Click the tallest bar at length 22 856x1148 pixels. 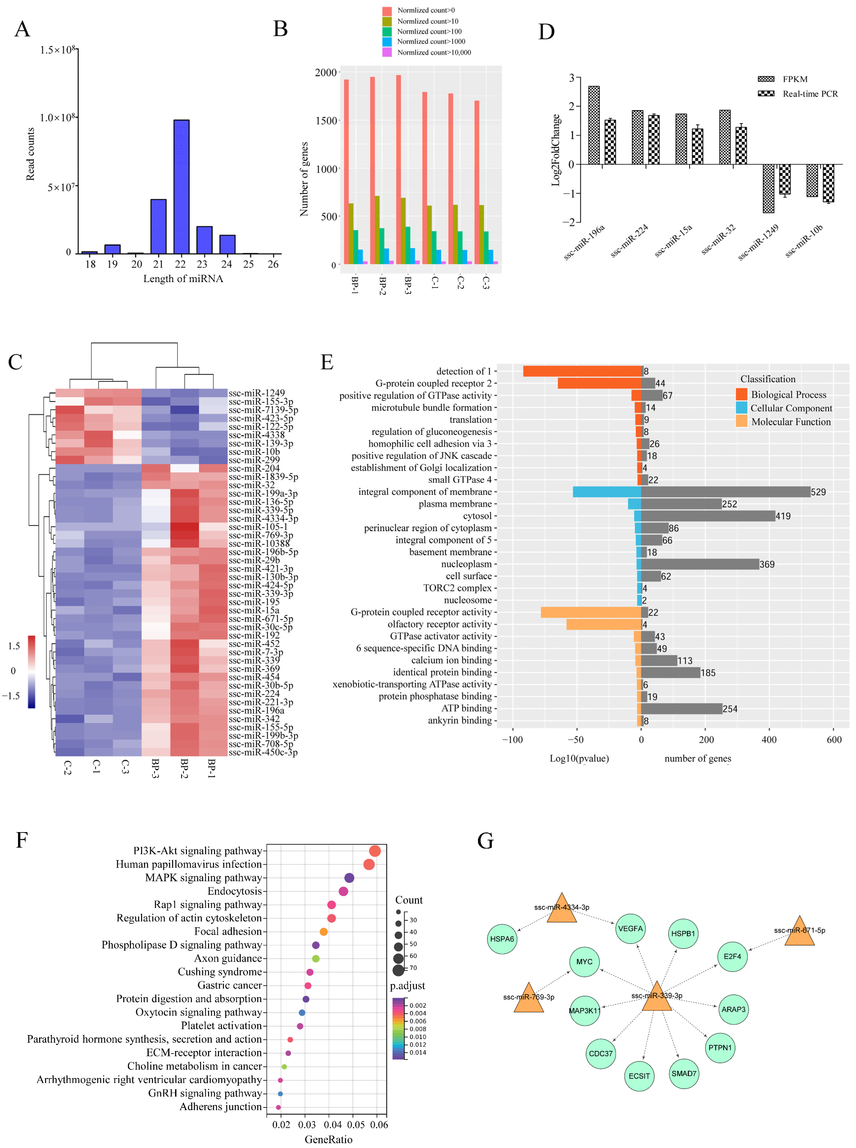click(181, 187)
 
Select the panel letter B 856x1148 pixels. click(280, 29)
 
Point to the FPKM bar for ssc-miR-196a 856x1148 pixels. click(594, 126)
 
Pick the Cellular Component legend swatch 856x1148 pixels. click(742, 408)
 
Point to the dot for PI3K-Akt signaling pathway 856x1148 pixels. click(375, 851)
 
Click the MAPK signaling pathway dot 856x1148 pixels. click(349, 878)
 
